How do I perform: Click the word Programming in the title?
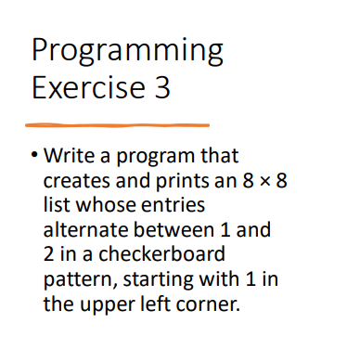point(127,50)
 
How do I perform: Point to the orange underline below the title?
point(117,123)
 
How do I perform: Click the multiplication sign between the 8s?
point(262,178)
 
